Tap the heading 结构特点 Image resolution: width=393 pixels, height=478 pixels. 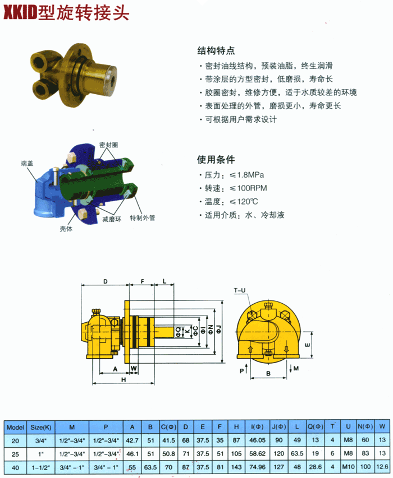tap(216, 50)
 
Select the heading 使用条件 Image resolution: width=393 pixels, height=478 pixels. tap(216, 159)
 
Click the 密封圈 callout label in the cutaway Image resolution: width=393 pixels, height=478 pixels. tap(108, 145)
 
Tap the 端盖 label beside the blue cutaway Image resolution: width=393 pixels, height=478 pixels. tap(27, 164)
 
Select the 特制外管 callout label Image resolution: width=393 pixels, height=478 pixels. tap(142, 217)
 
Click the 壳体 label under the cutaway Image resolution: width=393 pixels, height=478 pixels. tap(66, 229)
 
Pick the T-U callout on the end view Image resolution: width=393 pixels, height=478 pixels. tap(240, 290)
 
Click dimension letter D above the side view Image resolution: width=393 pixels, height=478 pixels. tap(106, 281)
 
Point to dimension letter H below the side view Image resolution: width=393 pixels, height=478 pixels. tap(124, 380)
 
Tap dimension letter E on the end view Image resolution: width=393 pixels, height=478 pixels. tap(308, 345)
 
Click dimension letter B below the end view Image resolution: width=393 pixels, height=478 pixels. tap(268, 373)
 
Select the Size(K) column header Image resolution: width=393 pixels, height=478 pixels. tap(41, 428)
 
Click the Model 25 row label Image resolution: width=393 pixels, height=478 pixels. tap(15, 454)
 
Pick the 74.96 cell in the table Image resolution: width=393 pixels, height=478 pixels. tap(258, 467)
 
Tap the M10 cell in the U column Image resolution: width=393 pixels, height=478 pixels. tap(349, 467)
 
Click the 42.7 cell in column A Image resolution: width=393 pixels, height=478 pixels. tap(132, 440)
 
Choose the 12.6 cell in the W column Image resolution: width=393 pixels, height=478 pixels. tap(382, 467)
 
